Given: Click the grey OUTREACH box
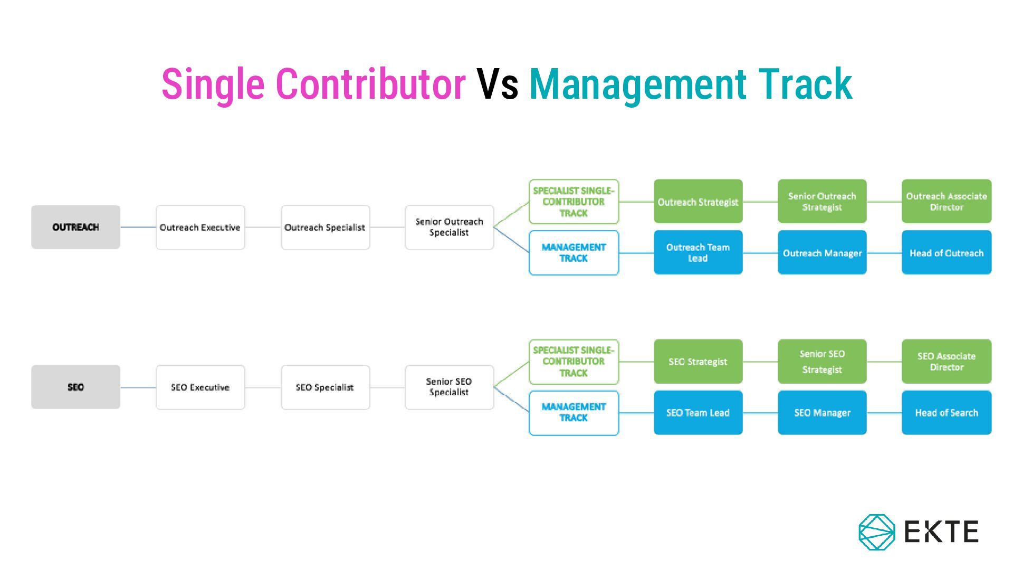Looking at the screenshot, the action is (76, 227).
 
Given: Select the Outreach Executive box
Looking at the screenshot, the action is (200, 227).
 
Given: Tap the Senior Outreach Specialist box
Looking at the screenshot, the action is (449, 227).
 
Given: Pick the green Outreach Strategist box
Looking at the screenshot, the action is (698, 202).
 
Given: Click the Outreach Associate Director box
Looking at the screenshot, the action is (947, 202).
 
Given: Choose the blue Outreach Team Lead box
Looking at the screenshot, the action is (698, 253).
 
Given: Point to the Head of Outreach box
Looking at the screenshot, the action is (947, 253).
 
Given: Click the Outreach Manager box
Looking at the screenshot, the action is (822, 253).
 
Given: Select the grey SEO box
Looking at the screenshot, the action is (76, 387).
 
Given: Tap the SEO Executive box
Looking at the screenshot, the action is (200, 387).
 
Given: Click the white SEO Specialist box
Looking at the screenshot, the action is (325, 387).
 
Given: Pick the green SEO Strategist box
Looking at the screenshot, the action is (698, 362).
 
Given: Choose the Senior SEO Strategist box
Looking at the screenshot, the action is (822, 362).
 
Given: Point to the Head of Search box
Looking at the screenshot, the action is (947, 413).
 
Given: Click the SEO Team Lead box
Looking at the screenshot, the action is (698, 413).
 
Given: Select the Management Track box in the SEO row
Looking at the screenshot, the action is (574, 413).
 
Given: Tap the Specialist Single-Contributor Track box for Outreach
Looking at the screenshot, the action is (574, 202).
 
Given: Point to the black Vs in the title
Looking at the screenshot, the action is (498, 84).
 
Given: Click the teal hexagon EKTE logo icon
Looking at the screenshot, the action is (877, 532).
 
